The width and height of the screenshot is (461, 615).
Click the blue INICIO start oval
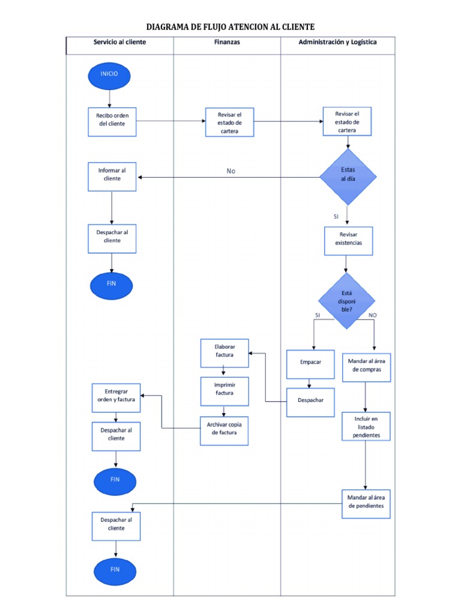tap(109, 75)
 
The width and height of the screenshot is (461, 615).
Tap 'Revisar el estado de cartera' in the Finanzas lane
tap(229, 122)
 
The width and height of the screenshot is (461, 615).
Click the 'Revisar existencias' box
tap(348, 240)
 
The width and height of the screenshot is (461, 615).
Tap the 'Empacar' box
tap(310, 364)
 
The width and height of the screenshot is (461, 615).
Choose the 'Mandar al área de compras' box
tap(366, 366)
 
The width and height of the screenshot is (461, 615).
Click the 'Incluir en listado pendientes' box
tap(366, 426)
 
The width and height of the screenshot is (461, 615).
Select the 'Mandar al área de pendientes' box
tap(366, 502)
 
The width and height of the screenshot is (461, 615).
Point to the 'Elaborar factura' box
tap(224, 353)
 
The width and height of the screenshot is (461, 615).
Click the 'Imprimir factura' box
tap(224, 390)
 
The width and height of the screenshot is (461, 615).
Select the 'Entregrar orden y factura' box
tap(116, 397)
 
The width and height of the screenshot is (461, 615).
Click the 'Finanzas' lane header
tap(227, 43)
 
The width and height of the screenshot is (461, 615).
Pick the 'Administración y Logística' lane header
tap(337, 43)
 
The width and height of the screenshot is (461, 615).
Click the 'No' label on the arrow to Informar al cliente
tap(231, 171)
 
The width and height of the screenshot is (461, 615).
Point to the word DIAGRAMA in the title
tap(170, 27)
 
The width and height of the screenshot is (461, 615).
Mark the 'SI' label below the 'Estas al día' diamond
tap(336, 216)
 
